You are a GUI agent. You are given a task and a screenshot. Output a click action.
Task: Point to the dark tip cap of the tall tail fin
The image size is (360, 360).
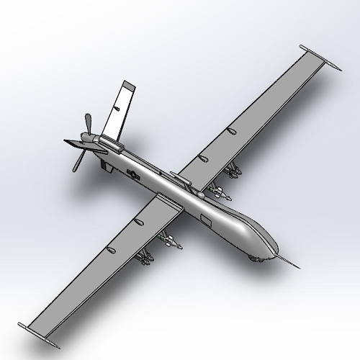(x=128, y=87)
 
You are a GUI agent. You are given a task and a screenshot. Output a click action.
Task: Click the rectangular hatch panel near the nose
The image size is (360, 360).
(x=204, y=218)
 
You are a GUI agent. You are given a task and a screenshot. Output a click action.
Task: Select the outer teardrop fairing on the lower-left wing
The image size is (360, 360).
(x=110, y=249)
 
